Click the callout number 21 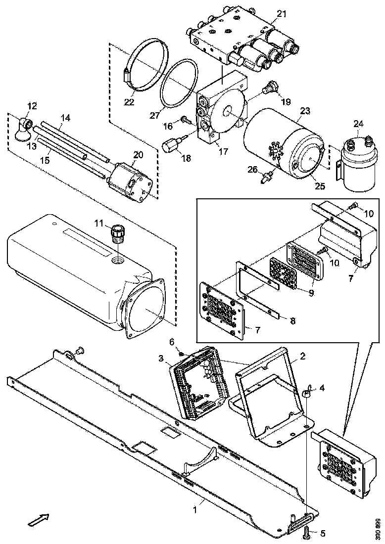[x=281, y=14]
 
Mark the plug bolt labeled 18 [x=171, y=146]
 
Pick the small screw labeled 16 [x=185, y=119]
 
